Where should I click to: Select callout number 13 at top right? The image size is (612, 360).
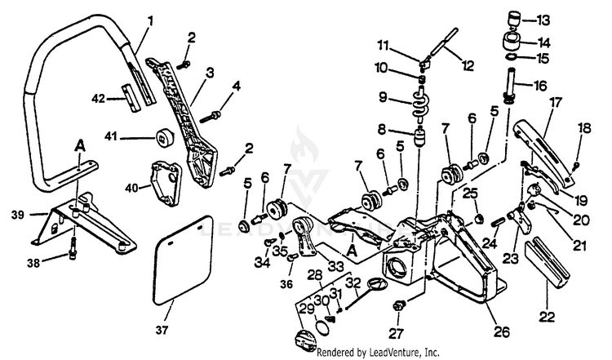(543, 18)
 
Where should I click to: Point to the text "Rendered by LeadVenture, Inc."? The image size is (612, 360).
(377, 353)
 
